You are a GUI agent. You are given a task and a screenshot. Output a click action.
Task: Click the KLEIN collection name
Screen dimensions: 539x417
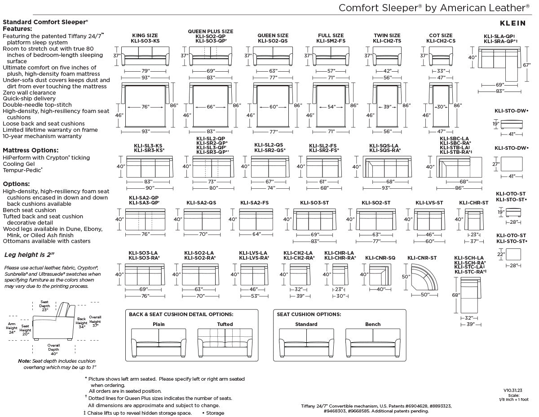(512, 23)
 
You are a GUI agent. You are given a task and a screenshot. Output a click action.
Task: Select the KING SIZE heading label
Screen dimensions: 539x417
(145, 35)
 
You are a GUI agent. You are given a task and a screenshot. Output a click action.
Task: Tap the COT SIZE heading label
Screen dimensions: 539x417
(441, 35)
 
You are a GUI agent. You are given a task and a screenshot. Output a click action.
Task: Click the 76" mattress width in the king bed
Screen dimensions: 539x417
(145, 107)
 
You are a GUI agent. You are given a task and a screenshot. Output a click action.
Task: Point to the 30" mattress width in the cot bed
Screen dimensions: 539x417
(441, 107)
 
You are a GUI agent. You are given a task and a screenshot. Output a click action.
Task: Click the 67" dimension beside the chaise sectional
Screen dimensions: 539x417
(526, 65)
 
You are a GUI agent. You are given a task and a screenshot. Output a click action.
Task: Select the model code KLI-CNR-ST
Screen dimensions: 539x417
(422, 258)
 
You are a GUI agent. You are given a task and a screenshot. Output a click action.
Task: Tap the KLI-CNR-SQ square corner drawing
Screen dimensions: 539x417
(380, 274)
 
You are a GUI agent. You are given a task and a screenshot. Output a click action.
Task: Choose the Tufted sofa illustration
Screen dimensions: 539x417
(225, 343)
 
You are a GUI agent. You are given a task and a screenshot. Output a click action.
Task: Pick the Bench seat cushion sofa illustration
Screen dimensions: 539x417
(373, 343)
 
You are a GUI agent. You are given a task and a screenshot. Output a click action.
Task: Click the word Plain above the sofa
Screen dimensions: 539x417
(159, 324)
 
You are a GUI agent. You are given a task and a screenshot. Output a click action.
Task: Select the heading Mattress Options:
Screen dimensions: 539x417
(31, 150)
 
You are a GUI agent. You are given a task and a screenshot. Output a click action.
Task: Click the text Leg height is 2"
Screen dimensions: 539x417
(29, 255)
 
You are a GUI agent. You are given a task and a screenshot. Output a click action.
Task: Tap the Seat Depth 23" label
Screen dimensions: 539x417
(44, 306)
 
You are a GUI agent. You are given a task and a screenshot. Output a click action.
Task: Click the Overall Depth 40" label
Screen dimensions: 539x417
(53, 349)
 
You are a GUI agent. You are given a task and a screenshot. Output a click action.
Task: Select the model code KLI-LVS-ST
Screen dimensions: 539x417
(429, 203)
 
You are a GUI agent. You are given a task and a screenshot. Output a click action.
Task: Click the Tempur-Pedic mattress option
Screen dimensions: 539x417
(22, 170)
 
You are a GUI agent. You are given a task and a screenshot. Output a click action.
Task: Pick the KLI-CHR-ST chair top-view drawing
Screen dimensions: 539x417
(473, 219)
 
